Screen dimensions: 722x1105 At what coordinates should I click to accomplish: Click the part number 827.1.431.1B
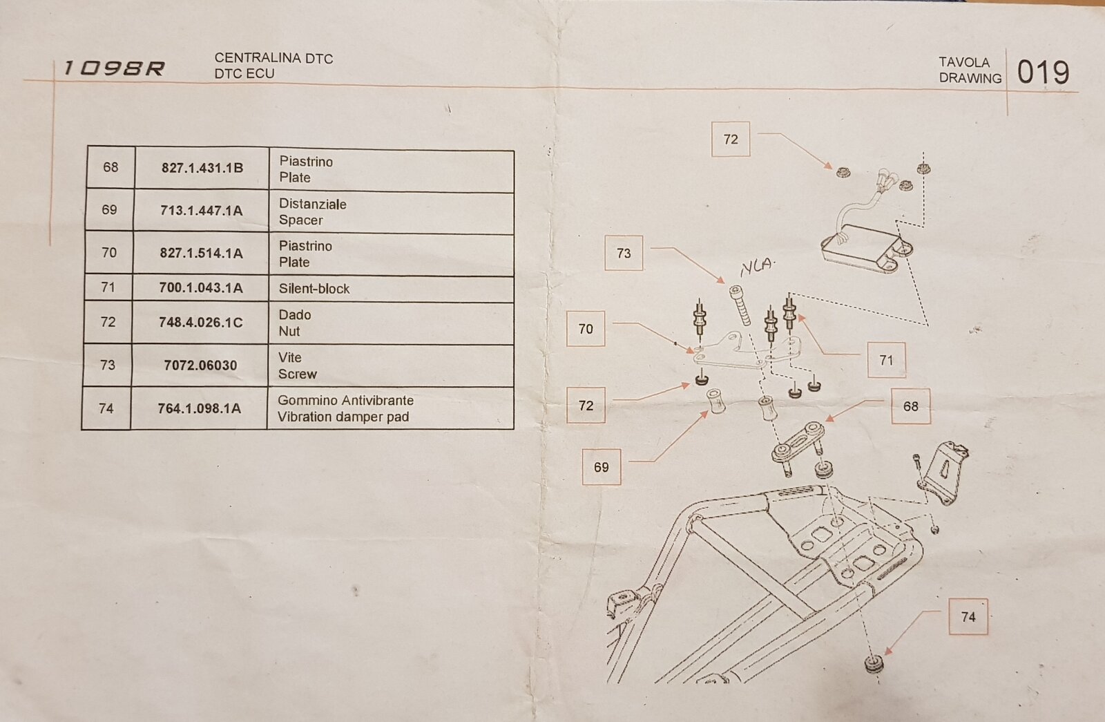pyautogui.click(x=202, y=168)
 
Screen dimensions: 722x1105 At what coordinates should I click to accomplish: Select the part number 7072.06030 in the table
pyautogui.click(x=200, y=365)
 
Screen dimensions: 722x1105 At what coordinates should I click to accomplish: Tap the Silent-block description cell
pyautogui.click(x=314, y=289)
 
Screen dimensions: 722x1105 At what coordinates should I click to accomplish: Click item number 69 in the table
pyautogui.click(x=109, y=209)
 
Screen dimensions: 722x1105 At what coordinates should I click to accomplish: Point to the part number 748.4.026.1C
pyautogui.click(x=200, y=322)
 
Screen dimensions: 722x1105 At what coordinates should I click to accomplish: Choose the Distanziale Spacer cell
pyautogui.click(x=312, y=212)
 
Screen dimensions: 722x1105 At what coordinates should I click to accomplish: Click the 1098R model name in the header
pyautogui.click(x=114, y=68)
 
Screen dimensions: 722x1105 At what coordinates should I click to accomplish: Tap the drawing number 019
pyautogui.click(x=1043, y=73)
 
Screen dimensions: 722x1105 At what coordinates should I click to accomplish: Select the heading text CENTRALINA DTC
pyautogui.click(x=273, y=59)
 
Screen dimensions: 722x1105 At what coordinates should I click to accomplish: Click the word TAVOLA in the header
pyautogui.click(x=964, y=62)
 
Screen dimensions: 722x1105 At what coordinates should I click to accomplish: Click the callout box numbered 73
pyautogui.click(x=624, y=254)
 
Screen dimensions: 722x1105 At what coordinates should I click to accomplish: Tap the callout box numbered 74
pyautogui.click(x=968, y=617)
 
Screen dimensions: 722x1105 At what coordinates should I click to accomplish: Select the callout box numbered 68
pyautogui.click(x=910, y=406)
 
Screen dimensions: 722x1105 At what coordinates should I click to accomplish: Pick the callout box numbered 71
pyautogui.click(x=886, y=360)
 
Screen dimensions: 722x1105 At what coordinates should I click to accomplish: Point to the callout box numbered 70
pyautogui.click(x=586, y=329)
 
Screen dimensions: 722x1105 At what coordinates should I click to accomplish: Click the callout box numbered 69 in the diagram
pyautogui.click(x=602, y=467)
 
